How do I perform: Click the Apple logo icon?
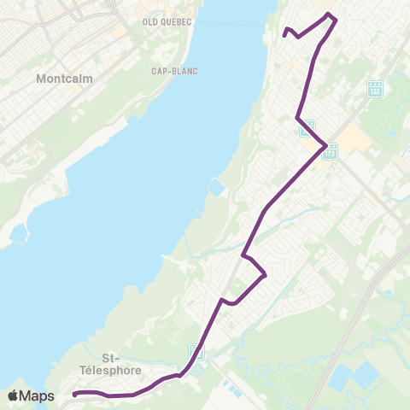click(13, 395)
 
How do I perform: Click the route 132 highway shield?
click(374, 89)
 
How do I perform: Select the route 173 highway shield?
click(331, 151)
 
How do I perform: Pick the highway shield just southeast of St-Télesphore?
click(196, 352)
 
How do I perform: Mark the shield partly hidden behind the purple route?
click(307, 128)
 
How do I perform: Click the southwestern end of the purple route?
click(75, 394)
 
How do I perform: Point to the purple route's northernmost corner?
click(331, 15)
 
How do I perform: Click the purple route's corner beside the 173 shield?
click(325, 147)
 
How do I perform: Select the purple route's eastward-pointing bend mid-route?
click(266, 274)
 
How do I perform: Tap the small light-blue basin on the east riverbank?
click(218, 187)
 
